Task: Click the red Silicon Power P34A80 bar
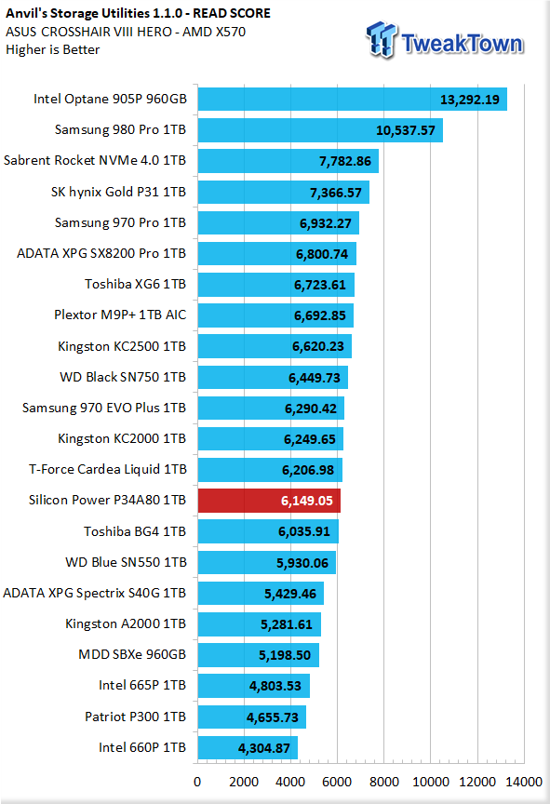(269, 501)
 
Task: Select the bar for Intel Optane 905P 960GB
(353, 99)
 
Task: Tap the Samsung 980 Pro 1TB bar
(320, 130)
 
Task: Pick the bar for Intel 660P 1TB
(248, 747)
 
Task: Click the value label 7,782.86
(345, 162)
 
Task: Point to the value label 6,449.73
(315, 378)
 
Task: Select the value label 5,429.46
(290, 594)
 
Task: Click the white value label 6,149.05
(306, 501)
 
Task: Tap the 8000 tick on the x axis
(384, 782)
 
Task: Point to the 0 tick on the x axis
(197, 782)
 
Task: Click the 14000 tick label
(524, 782)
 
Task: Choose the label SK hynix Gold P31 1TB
(118, 192)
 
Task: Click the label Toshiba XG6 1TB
(135, 284)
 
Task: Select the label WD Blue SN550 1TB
(126, 562)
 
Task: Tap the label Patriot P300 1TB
(135, 717)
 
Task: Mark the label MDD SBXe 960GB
(132, 655)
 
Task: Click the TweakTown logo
(445, 41)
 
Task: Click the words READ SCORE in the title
(232, 13)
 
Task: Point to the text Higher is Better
(53, 49)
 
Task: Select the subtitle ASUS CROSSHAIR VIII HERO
(88, 32)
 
